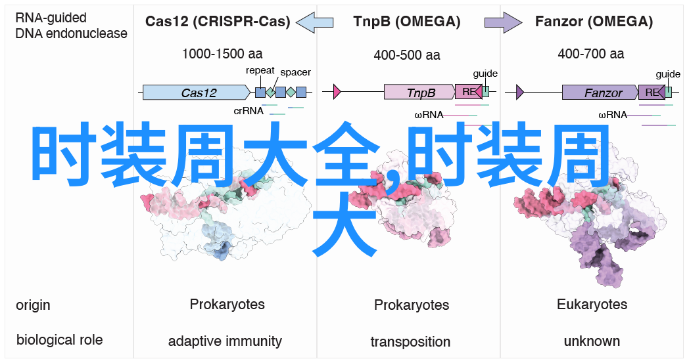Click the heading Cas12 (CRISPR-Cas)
click(x=218, y=22)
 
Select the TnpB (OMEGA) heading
click(x=406, y=22)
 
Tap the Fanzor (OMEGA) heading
click(x=594, y=22)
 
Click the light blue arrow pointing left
click(x=315, y=22)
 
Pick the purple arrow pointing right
click(x=504, y=22)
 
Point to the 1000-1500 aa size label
click(x=222, y=54)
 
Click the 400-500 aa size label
click(x=407, y=55)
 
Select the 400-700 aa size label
click(x=590, y=54)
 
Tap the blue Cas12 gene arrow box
click(x=197, y=93)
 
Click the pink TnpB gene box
click(x=419, y=92)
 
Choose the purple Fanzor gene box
click(x=600, y=93)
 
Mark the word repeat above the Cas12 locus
click(x=260, y=70)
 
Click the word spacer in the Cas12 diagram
click(x=295, y=72)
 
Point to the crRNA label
click(x=249, y=111)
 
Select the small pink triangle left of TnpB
click(x=337, y=92)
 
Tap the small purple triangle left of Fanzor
click(x=520, y=92)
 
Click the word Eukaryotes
click(x=592, y=304)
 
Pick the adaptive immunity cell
click(x=225, y=341)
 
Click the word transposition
click(x=410, y=341)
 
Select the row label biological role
click(x=59, y=340)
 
